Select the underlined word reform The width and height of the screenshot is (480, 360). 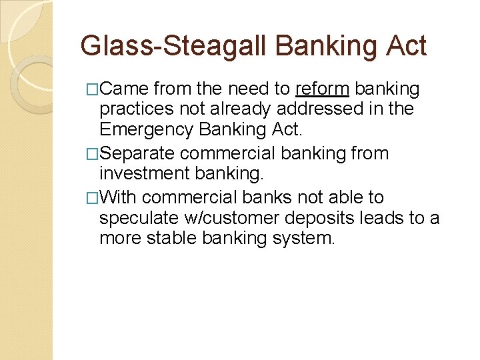(322, 89)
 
